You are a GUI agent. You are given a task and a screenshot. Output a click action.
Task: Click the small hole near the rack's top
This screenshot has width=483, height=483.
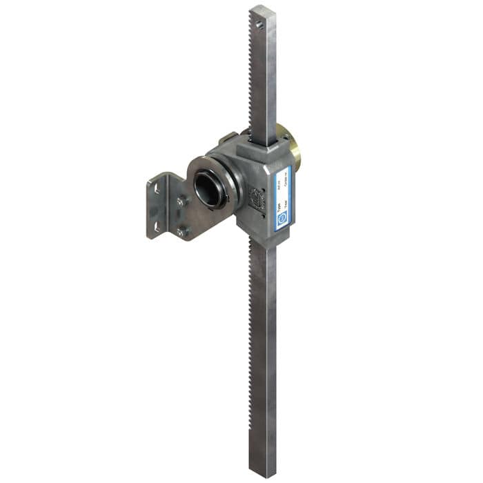[x=259, y=25]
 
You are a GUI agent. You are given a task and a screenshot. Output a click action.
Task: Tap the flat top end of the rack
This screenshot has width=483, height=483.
[x=263, y=10]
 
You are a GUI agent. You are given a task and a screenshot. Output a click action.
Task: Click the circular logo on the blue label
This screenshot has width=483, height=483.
[x=282, y=219]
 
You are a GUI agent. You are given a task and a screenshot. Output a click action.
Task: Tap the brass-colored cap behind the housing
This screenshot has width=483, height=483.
[x=294, y=148]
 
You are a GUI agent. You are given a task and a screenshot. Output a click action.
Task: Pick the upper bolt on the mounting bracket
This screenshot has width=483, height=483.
[x=181, y=201]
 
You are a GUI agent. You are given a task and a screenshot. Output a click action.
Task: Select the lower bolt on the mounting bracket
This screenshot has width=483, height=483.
[x=181, y=232]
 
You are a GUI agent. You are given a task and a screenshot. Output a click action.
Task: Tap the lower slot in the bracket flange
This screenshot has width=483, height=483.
[x=157, y=226]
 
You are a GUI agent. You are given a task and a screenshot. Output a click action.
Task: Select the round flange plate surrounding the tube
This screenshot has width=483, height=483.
[x=196, y=169]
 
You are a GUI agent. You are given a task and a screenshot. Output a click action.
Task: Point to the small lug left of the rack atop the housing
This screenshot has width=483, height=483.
[x=228, y=139]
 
